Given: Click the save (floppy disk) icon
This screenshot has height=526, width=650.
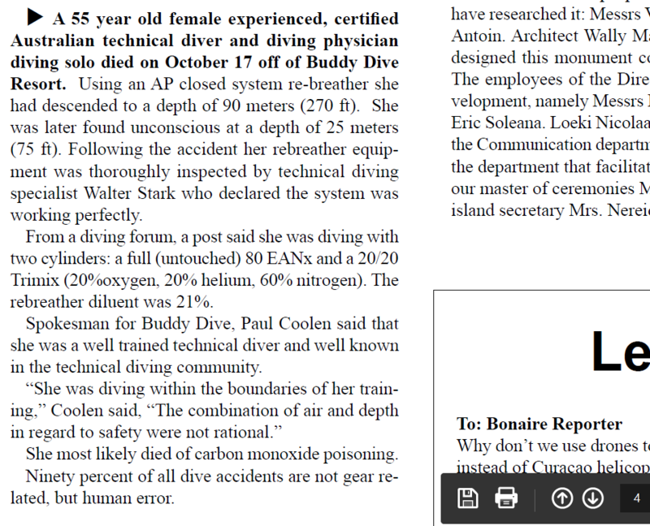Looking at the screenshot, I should click(x=468, y=498).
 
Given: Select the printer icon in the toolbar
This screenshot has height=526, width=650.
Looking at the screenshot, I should click(x=506, y=498).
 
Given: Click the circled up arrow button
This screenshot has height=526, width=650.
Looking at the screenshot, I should click(x=561, y=498).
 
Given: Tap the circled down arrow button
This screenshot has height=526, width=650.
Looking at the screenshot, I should click(x=593, y=498).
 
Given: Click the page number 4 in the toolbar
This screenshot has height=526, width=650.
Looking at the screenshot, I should click(x=636, y=498).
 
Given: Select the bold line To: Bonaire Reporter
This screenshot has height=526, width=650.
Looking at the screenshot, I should click(x=539, y=425).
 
